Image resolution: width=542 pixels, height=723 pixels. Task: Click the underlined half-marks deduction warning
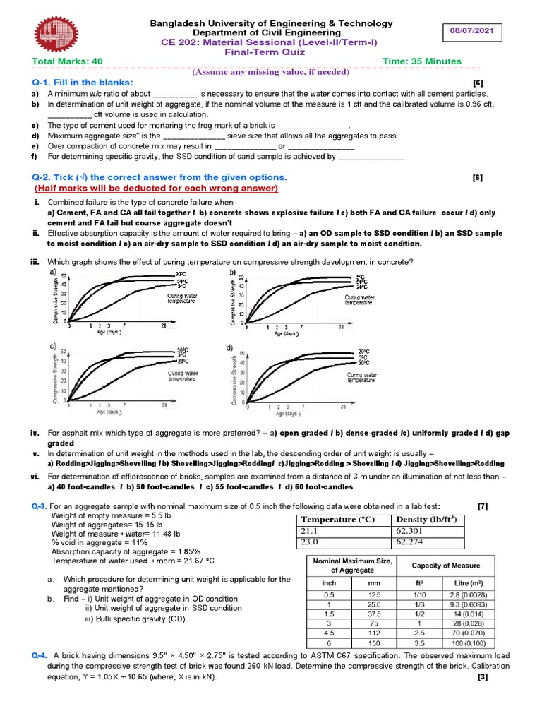(x=157, y=189)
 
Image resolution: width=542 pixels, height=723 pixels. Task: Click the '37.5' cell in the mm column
(x=374, y=614)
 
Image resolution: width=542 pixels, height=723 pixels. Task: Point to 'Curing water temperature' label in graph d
(x=361, y=377)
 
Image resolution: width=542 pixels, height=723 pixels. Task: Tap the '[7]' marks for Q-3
(x=482, y=506)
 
